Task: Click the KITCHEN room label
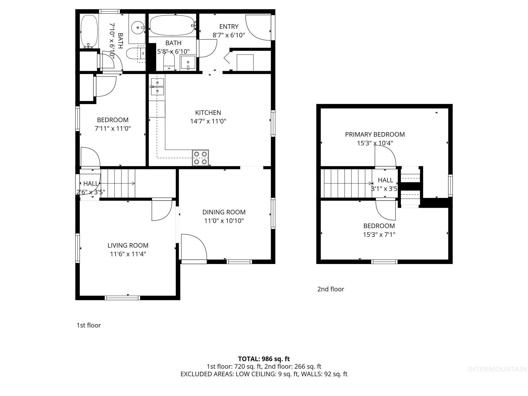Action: click(208, 113)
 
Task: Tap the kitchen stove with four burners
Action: click(200, 158)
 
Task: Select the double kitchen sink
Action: click(157, 87)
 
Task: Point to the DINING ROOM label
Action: click(224, 212)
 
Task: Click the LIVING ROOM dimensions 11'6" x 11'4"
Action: click(128, 254)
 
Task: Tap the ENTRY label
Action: click(229, 27)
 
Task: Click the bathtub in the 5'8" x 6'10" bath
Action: click(172, 26)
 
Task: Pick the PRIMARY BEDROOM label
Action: click(375, 134)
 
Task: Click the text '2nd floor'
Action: click(331, 289)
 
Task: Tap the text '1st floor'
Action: click(89, 325)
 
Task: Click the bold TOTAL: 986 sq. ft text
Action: click(264, 359)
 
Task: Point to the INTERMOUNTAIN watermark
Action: click(497, 369)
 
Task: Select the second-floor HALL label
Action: click(385, 180)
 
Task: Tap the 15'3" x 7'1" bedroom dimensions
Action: click(379, 235)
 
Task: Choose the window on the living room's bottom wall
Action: click(122, 298)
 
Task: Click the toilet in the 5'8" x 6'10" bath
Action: click(169, 61)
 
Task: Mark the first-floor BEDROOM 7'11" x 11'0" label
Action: click(113, 124)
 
